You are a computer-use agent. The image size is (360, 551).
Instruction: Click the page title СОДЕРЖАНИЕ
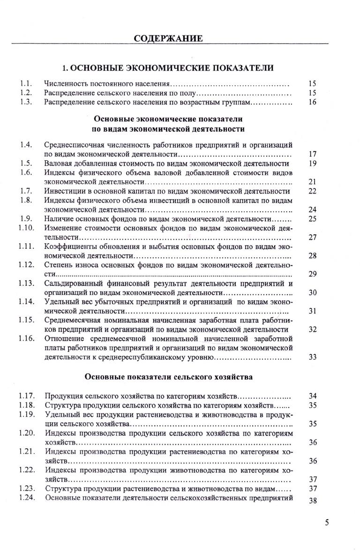pyautogui.click(x=168, y=38)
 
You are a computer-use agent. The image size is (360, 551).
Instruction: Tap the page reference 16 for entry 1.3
pyautogui.click(x=313, y=102)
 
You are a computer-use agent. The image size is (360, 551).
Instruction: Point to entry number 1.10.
pyautogui.click(x=27, y=228)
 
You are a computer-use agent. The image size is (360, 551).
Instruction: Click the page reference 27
pyautogui.click(x=313, y=237)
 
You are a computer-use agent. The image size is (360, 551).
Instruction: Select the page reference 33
pyautogui.click(x=313, y=357)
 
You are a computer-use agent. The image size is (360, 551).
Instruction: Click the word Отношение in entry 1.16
pyautogui.click(x=63, y=338)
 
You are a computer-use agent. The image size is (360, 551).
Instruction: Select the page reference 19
pyautogui.click(x=313, y=164)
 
